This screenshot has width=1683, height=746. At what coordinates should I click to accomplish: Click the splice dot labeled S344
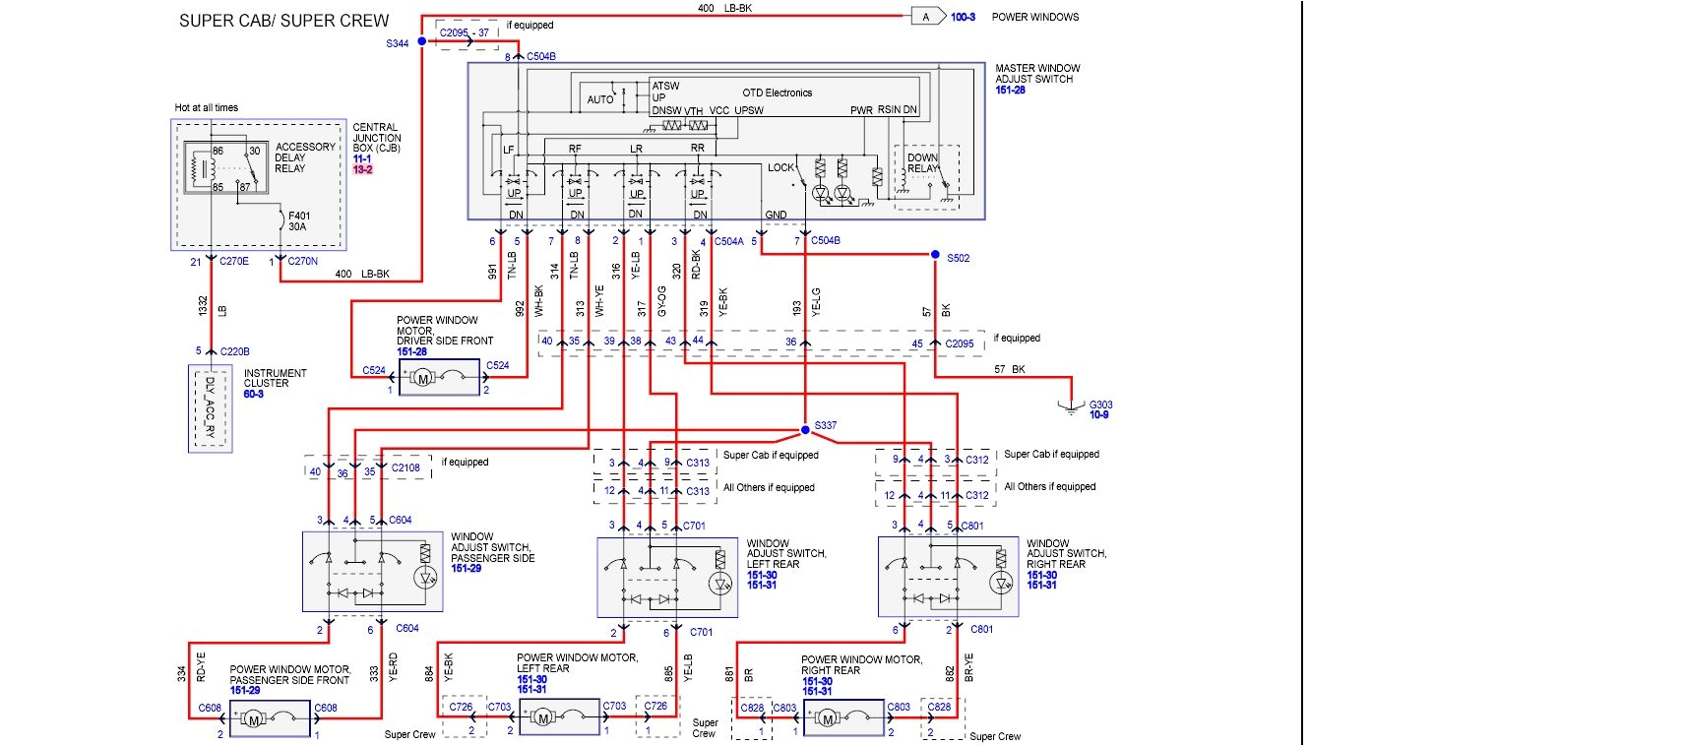421,41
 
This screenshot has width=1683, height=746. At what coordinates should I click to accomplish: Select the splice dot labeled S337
805,429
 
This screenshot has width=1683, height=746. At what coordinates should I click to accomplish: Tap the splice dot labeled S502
935,255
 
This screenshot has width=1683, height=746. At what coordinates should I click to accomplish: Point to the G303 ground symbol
1072,405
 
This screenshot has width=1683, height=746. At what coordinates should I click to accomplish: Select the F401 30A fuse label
298,221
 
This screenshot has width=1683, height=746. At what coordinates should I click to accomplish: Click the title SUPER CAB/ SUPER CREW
283,21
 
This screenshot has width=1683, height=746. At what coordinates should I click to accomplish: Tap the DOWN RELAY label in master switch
922,162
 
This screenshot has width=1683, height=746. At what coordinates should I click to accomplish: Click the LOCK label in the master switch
780,167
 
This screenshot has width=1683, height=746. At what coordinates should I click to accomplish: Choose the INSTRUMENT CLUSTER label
275,378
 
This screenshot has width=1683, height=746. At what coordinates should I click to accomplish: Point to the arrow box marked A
927,17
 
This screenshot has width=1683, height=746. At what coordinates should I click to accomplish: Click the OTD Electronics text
777,93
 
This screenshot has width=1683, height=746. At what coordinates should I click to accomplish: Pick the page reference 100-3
963,17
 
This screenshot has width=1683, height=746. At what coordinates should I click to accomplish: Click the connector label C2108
405,467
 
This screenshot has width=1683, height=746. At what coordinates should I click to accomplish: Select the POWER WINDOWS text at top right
1034,17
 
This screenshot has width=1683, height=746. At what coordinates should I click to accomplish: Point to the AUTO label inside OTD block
599,99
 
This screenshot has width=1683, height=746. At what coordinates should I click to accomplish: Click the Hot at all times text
206,107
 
